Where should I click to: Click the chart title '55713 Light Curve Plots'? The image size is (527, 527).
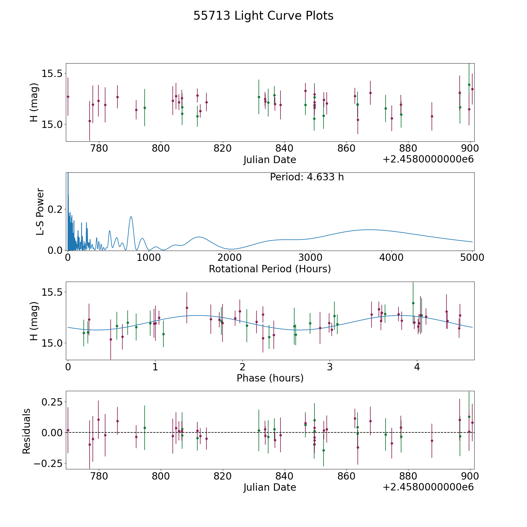[x=263, y=16]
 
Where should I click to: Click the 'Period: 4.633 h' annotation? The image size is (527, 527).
[x=307, y=177]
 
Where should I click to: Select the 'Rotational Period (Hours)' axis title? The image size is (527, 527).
[x=270, y=269]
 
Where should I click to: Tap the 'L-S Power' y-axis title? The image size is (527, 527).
[x=40, y=211]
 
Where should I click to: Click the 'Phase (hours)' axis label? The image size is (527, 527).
[x=270, y=378]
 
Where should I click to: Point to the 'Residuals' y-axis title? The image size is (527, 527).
[x=27, y=431]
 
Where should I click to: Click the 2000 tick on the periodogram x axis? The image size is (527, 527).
[x=230, y=258]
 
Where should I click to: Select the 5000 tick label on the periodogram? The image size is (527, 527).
[x=472, y=258]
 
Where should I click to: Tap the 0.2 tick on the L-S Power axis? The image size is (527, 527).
[x=55, y=209]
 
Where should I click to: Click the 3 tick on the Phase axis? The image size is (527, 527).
[x=330, y=367]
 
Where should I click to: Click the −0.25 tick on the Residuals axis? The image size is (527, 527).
[x=48, y=463]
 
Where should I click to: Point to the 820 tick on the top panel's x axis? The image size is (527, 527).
[x=223, y=148]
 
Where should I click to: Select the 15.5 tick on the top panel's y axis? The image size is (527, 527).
[x=52, y=73]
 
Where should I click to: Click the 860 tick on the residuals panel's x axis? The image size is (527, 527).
[x=346, y=476]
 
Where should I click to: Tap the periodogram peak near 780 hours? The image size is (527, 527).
[x=131, y=217]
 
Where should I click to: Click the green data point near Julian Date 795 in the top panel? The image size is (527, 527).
[x=145, y=108]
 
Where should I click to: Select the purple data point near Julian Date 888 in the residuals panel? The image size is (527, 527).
[x=432, y=441]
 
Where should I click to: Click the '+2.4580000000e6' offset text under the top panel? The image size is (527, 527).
[x=428, y=159]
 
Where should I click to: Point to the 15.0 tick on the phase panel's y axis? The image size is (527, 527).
[x=52, y=343]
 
